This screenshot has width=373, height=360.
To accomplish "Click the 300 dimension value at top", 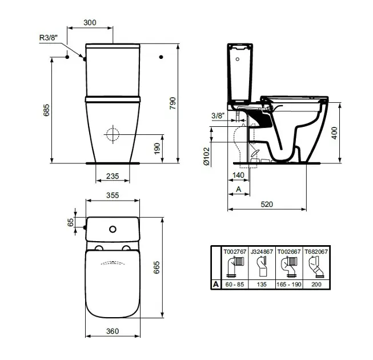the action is (90, 22).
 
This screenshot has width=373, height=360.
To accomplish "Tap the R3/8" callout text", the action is (49, 38).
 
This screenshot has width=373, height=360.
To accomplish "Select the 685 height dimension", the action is (46, 110).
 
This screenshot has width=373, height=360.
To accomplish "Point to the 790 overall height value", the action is (173, 103).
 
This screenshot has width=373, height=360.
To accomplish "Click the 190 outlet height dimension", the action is (157, 149).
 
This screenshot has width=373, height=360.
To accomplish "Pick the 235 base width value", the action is (113, 176).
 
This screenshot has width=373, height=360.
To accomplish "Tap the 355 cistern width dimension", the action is (113, 195).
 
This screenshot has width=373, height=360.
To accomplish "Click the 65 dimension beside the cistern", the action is (71, 222).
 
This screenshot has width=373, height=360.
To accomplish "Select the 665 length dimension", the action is (157, 267).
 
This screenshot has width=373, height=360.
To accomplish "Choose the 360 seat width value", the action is (113, 331).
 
